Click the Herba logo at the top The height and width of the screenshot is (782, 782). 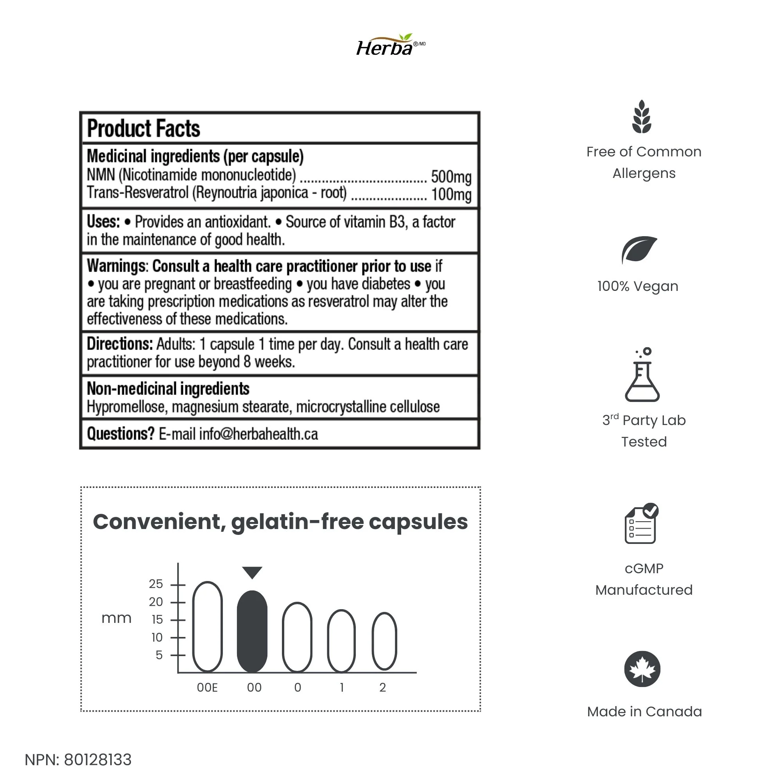pyautogui.click(x=390, y=45)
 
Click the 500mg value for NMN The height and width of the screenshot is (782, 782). pyautogui.click(x=451, y=177)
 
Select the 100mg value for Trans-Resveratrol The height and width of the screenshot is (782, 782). pyautogui.click(x=451, y=194)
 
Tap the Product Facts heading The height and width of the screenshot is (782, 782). pyautogui.click(x=143, y=129)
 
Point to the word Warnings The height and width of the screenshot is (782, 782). pyautogui.click(x=117, y=266)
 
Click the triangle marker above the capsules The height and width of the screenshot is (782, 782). pyautogui.click(x=252, y=572)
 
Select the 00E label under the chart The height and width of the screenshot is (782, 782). pyautogui.click(x=207, y=688)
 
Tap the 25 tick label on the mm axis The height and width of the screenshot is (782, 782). pyautogui.click(x=156, y=584)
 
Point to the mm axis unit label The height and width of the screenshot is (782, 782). pyautogui.click(x=117, y=618)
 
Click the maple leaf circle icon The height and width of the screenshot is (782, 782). pyautogui.click(x=642, y=669)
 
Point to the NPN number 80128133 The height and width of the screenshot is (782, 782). pyautogui.click(x=97, y=760)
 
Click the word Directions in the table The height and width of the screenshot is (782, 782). pyautogui.click(x=119, y=344)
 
